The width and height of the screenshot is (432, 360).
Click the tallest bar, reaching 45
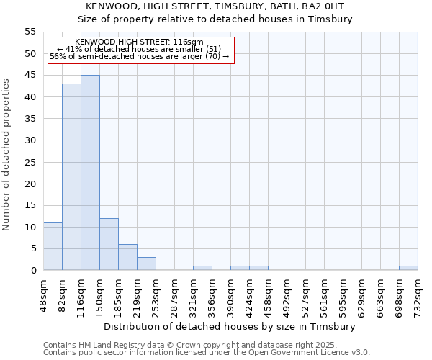pyautogui.click(x=90, y=173)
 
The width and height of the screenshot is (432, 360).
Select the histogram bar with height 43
pyautogui.click(x=71, y=177)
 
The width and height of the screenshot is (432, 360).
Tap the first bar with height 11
pyautogui.click(x=53, y=246)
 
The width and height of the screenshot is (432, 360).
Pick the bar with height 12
pyautogui.click(x=109, y=244)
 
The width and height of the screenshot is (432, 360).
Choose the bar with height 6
pyautogui.click(x=127, y=257)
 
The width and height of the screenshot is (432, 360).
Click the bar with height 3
pyautogui.click(x=146, y=264)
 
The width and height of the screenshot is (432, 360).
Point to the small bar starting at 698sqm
pyautogui.click(x=408, y=268)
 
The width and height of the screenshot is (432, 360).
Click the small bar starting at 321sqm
pyautogui.click(x=202, y=268)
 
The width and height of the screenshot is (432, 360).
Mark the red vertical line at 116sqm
pyautogui.click(x=81, y=180)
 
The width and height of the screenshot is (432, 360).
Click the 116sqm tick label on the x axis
pyautogui.click(x=81, y=291)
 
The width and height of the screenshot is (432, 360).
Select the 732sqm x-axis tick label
pyautogui.click(x=418, y=291)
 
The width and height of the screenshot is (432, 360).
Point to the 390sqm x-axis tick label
pyautogui.click(x=230, y=291)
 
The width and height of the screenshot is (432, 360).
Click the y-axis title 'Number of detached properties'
pyautogui.click(x=7, y=155)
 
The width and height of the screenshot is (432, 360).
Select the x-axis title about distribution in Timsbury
pyautogui.click(x=230, y=326)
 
